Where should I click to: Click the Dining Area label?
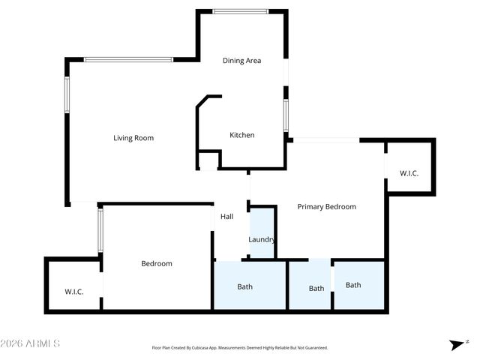click(x=241, y=61)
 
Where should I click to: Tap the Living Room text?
click(x=133, y=138)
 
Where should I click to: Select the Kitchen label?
click(x=241, y=135)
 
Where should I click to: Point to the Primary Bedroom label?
click(x=326, y=206)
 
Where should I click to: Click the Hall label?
click(x=226, y=217)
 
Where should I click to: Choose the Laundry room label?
click(x=262, y=240)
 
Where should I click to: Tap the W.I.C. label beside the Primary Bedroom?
click(x=409, y=173)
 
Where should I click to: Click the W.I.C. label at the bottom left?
click(x=74, y=291)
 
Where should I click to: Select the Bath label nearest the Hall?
click(x=245, y=286)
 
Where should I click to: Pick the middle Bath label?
click(x=316, y=288)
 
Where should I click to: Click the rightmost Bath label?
click(x=353, y=285)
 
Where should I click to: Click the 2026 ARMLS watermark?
click(x=30, y=343)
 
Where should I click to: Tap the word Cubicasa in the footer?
click(x=211, y=348)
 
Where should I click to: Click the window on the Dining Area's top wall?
click(x=241, y=11)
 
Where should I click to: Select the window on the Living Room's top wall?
click(x=128, y=59)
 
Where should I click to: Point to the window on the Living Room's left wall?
click(x=67, y=95)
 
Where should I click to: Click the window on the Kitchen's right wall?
click(x=286, y=116)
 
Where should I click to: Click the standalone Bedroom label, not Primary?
click(x=157, y=263)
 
